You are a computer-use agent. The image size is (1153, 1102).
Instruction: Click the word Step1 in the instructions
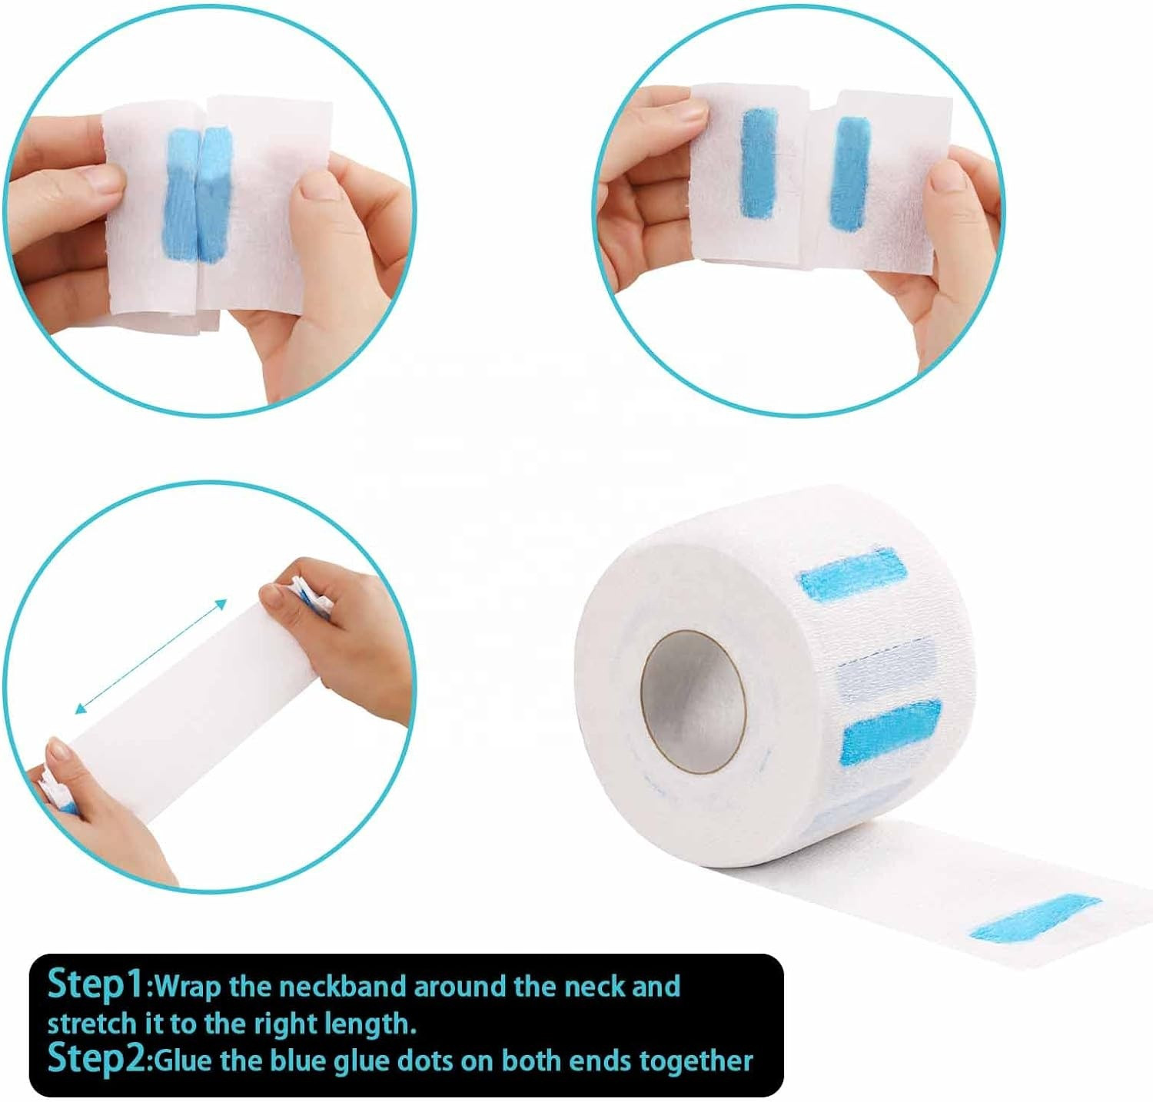point(95,984)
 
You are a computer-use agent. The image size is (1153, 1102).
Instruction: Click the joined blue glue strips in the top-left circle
point(198,194)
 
